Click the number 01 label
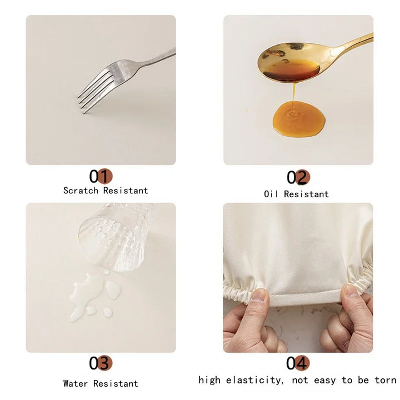[x=101, y=176]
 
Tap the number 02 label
[x=298, y=177]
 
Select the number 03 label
[x=101, y=363]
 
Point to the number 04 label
[x=298, y=363]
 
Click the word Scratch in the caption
[x=81, y=191]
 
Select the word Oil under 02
[x=272, y=194]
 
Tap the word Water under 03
[x=76, y=383]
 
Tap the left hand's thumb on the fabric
[x=257, y=303]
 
